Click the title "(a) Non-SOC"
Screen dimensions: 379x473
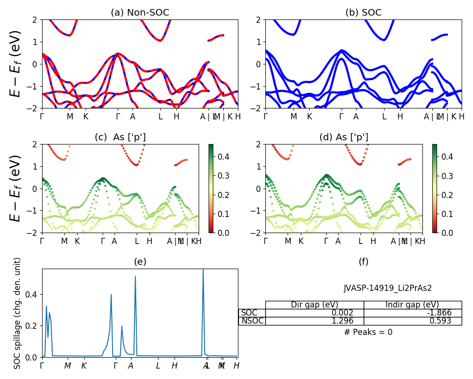(x=140, y=13)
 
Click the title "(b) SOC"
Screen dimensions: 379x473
(x=363, y=13)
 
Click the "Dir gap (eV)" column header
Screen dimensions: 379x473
(x=315, y=305)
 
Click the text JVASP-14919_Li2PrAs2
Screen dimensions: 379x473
(x=387, y=288)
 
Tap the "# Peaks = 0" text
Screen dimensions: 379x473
(x=368, y=332)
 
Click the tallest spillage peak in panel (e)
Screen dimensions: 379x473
(x=203, y=270)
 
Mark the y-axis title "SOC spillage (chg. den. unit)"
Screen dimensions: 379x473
(x=18, y=313)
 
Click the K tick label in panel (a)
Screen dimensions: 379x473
(x=86, y=117)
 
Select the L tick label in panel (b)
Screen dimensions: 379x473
(x=384, y=117)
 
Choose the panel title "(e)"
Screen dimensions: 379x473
(x=140, y=262)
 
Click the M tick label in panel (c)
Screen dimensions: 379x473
(x=64, y=241)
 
